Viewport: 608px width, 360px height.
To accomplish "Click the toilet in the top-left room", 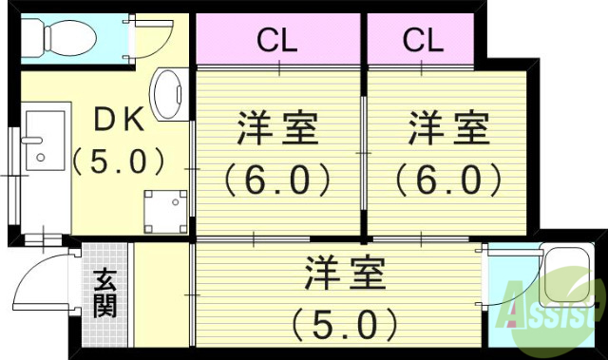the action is pos(58,37).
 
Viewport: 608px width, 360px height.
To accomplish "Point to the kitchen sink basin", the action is pos(42,152).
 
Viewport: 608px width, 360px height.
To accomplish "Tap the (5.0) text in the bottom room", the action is pos(345,324).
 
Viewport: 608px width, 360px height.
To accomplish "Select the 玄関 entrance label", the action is pos(104,294).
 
